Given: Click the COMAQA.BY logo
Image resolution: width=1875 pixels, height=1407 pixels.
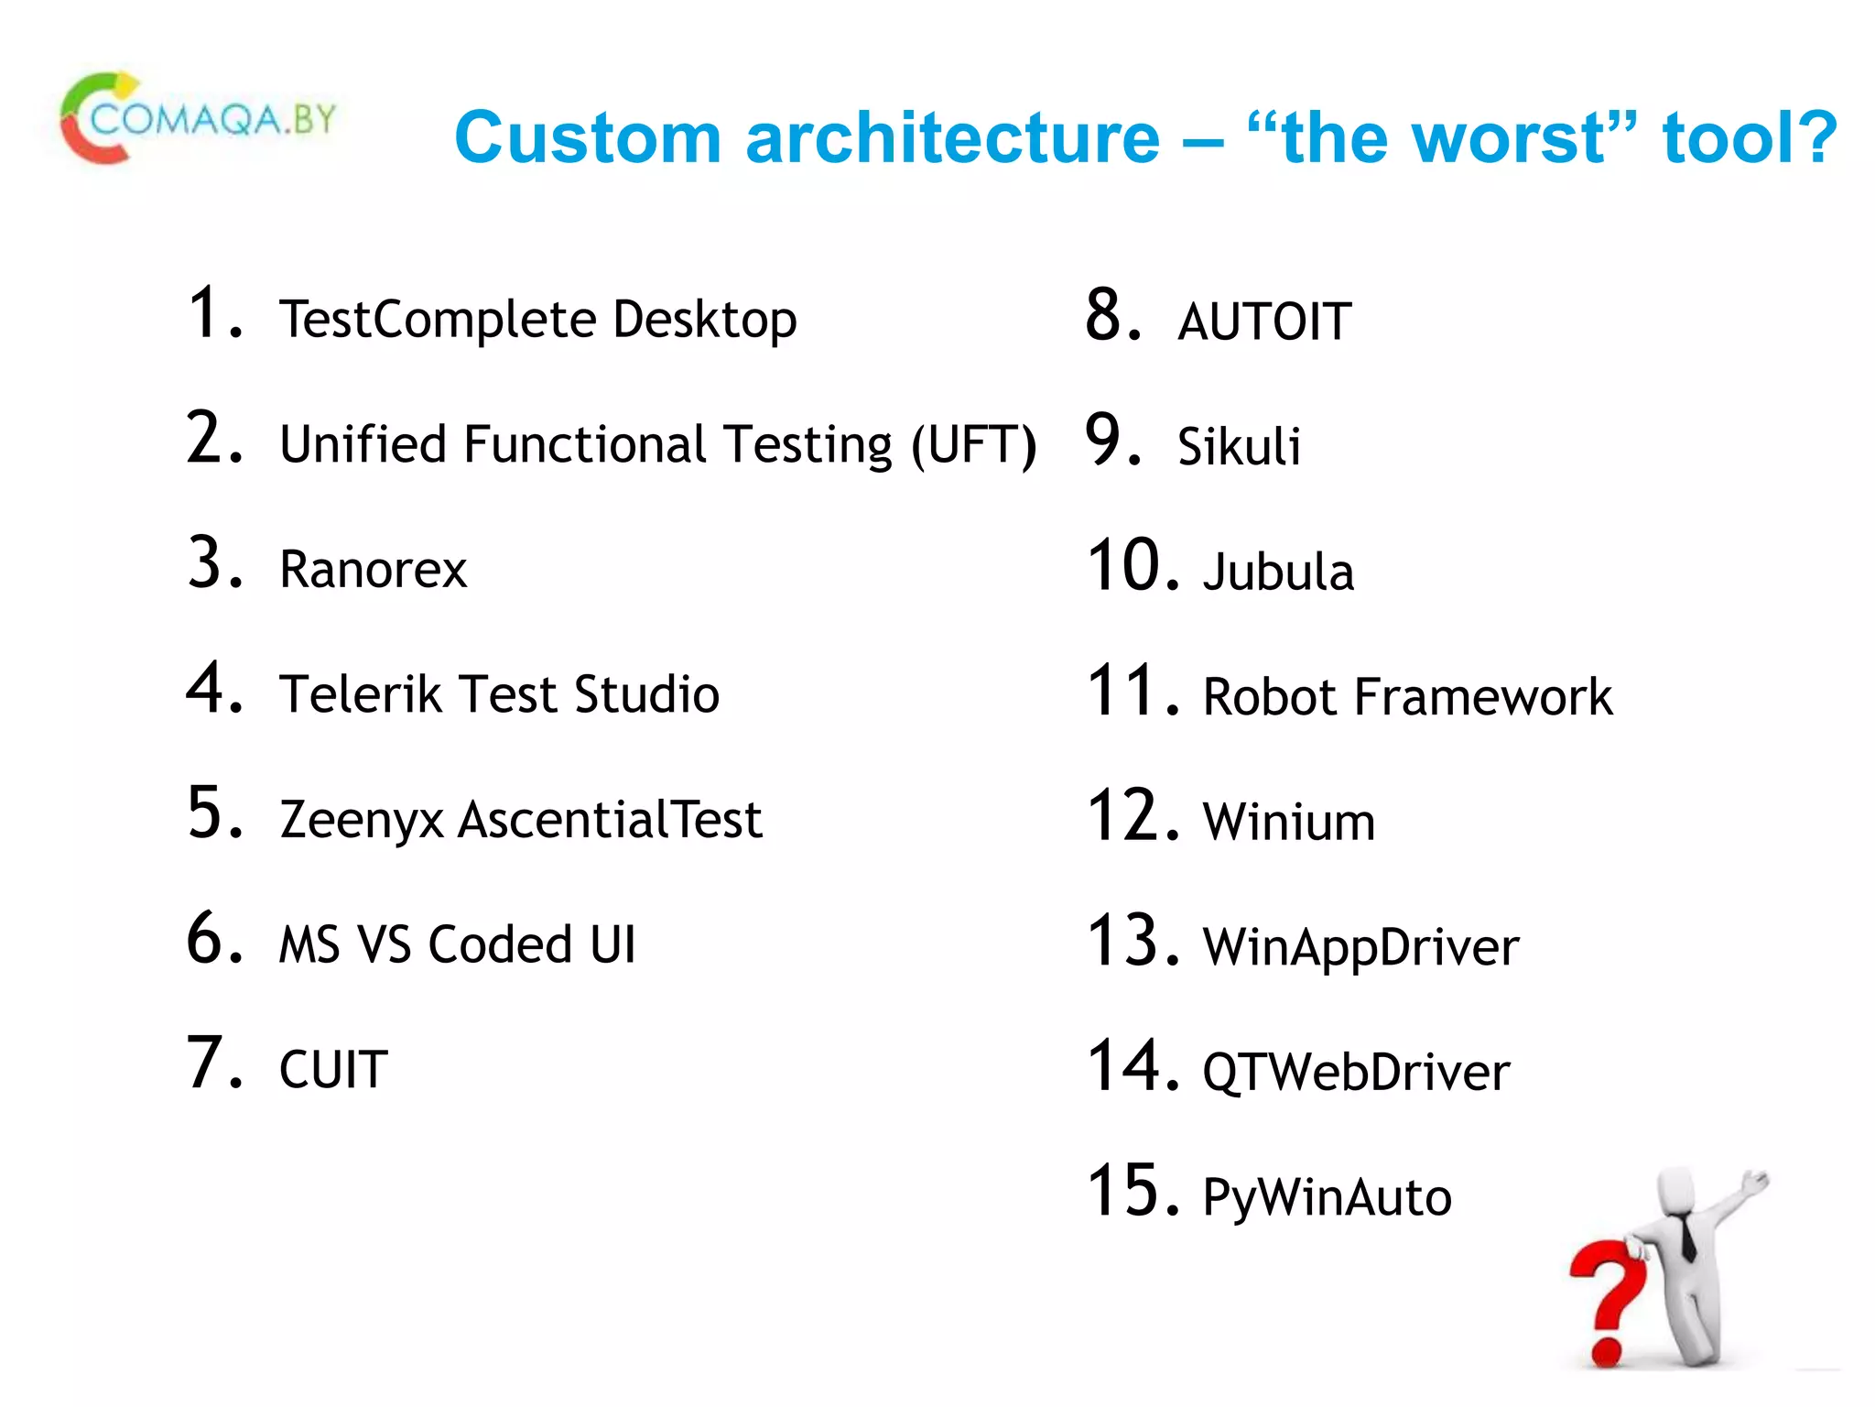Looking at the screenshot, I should pyautogui.click(x=197, y=119).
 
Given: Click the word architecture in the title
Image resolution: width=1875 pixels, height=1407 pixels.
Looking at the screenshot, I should pyautogui.click(x=952, y=137).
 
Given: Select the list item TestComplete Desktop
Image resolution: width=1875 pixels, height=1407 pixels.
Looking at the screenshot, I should pyautogui.click(x=537, y=319).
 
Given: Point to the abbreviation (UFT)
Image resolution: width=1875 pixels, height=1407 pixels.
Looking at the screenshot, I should pyautogui.click(x=974, y=445).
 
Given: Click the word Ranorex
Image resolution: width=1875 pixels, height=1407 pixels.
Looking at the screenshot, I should pyautogui.click(x=373, y=569).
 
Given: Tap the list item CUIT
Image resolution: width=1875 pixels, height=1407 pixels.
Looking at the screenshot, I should pyautogui.click(x=333, y=1069).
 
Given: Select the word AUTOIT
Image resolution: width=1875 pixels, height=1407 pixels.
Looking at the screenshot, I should pyautogui.click(x=1264, y=322).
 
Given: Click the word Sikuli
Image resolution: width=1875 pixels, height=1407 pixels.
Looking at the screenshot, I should pyautogui.click(x=1238, y=446).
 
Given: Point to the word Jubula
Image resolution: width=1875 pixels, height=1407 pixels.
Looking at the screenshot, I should pyautogui.click(x=1278, y=572).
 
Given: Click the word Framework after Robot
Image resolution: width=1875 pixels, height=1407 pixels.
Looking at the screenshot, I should pyautogui.click(x=1482, y=696).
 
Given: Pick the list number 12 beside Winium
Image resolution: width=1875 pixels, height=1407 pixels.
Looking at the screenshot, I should pyautogui.click(x=1132, y=815).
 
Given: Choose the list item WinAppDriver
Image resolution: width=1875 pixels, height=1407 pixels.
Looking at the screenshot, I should pyautogui.click(x=1360, y=947).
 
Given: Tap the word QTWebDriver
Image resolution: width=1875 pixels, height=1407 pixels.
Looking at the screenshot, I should pyautogui.click(x=1356, y=1072).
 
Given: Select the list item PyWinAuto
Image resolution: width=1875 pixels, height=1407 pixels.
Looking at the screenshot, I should pyautogui.click(x=1327, y=1196).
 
